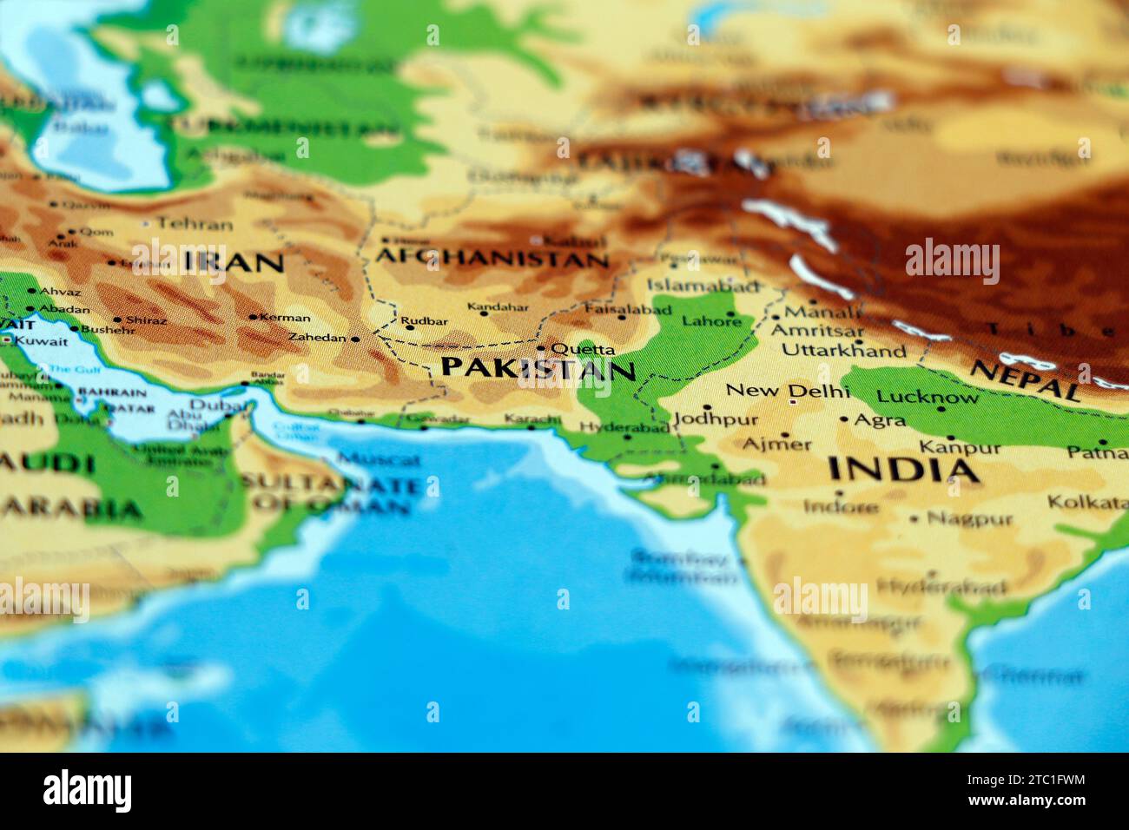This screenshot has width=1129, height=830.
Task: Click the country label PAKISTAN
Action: pos(538,369)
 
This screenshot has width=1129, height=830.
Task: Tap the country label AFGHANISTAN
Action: pos(492,258)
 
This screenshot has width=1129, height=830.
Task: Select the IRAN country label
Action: pos(234,262)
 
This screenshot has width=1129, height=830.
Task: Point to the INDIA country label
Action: pos(903,471)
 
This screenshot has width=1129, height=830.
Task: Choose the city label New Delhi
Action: pos(776,391)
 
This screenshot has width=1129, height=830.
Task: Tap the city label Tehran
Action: pos(195,224)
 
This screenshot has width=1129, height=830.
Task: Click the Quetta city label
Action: pos(583,350)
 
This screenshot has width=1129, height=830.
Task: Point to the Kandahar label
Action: pos(498,307)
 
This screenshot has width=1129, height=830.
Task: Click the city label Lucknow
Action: pos(927,398)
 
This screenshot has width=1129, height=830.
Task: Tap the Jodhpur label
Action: pos(716,419)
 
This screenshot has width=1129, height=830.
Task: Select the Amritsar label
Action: pos(817,331)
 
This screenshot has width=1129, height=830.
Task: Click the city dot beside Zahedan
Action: pos(355,339)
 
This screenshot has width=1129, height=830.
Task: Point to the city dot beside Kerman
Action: pos(253,317)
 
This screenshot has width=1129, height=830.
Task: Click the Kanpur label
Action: pos(960,448)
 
